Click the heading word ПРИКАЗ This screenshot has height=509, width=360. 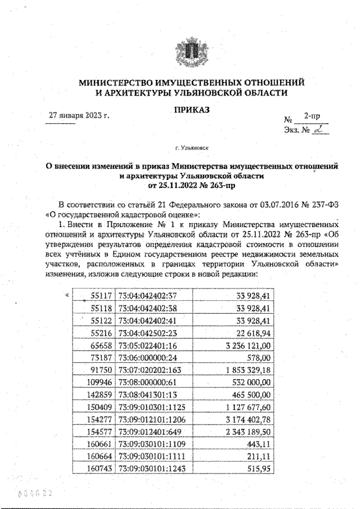pos(191,110)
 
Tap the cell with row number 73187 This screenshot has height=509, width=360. pos(102,358)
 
